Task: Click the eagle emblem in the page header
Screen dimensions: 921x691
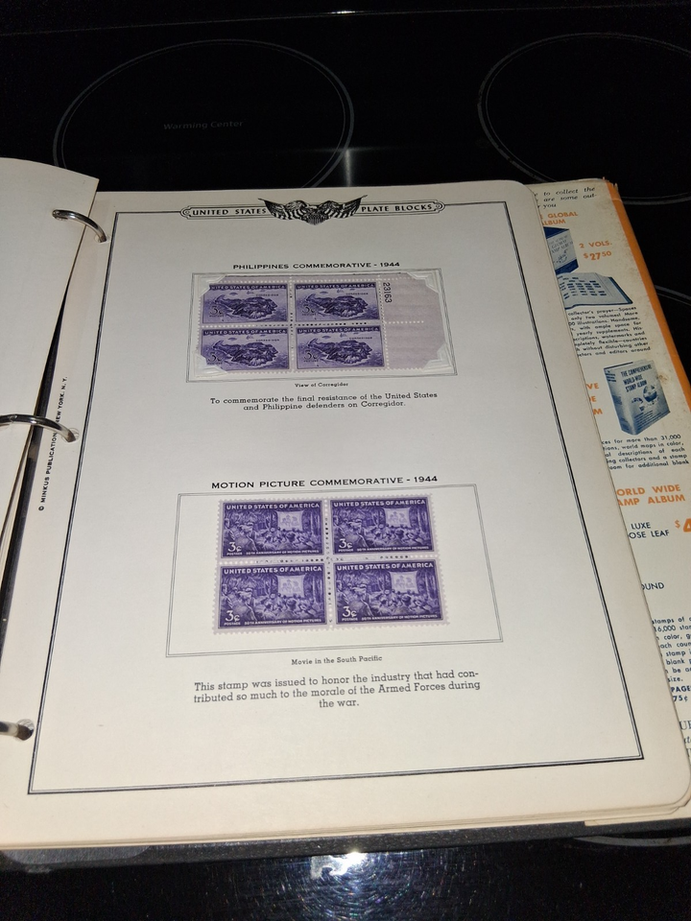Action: click(311, 210)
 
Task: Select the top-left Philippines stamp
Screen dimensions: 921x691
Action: click(244, 304)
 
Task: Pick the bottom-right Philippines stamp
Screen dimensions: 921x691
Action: click(339, 347)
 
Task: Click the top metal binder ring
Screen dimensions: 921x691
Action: click(81, 224)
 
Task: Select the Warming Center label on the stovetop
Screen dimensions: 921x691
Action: click(203, 125)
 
